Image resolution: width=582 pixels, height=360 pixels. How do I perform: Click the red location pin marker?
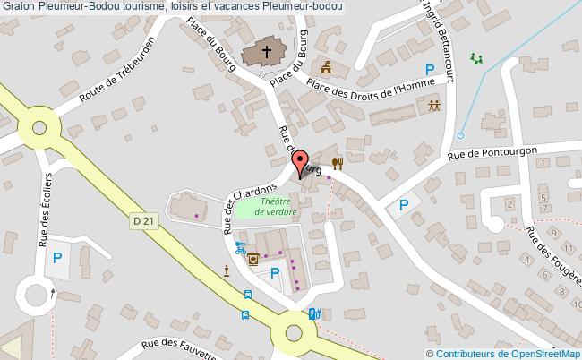tap(301, 166)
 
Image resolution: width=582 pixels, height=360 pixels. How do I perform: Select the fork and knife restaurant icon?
tap(338, 163)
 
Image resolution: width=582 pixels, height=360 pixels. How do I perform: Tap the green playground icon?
tap(476, 58)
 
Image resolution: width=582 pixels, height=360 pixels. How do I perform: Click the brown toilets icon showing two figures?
tap(433, 106)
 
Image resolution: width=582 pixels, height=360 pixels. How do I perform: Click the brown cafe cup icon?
tap(254, 260)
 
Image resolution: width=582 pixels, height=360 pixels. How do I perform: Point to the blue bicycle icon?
tap(240, 247)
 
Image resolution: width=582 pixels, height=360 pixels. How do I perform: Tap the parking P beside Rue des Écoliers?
tap(57, 260)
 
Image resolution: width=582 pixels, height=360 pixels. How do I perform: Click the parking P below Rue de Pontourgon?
tap(404, 205)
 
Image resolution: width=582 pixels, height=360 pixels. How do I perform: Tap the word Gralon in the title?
tap(20, 7)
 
